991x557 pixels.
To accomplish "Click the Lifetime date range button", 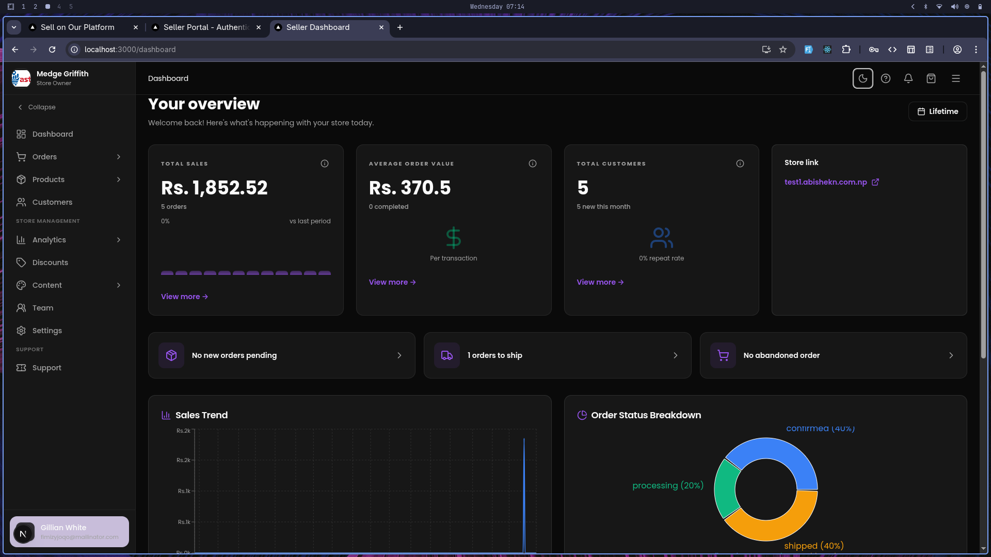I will click(x=937, y=111).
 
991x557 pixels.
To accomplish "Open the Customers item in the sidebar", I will click(x=52, y=202).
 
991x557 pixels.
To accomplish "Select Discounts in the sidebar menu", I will click(x=50, y=263).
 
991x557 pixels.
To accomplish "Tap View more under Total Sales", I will click(x=184, y=297).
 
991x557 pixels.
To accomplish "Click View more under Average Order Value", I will click(x=392, y=282).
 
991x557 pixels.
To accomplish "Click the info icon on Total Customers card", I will click(x=740, y=163).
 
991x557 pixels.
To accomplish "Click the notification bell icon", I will click(x=908, y=78).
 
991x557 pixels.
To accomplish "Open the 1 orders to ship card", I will click(x=557, y=355).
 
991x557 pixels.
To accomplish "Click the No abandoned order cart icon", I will click(x=723, y=355).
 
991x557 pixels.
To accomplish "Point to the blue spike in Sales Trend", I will click(x=524, y=490).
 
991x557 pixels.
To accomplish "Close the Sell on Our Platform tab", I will click(x=136, y=27).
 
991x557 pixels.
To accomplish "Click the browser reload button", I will click(x=52, y=50).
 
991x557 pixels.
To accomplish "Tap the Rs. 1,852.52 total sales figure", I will click(x=214, y=188).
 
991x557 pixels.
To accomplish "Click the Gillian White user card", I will click(x=69, y=532).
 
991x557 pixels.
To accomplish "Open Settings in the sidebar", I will click(x=46, y=331).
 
